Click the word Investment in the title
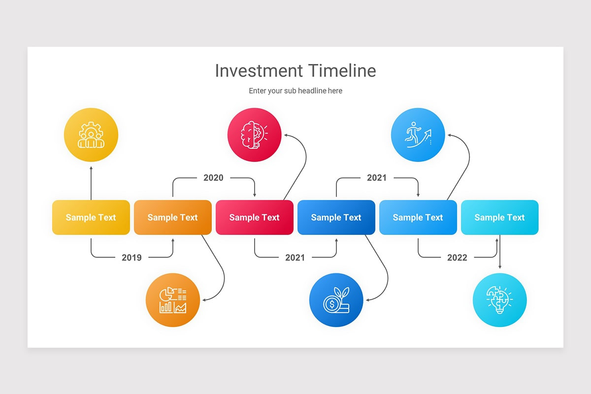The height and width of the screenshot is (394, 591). click(259, 71)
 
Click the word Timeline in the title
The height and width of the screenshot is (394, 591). click(342, 71)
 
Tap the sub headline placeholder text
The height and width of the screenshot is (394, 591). click(295, 91)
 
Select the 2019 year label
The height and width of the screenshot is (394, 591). click(131, 257)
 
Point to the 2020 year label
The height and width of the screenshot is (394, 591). click(213, 178)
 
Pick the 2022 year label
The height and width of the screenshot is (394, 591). click(457, 257)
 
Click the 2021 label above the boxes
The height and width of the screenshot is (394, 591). click(377, 178)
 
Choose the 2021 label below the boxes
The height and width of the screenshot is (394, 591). click(295, 257)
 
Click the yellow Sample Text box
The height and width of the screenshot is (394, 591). click(91, 218)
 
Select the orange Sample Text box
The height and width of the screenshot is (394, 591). click(173, 218)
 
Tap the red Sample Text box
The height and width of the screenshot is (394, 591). click(255, 218)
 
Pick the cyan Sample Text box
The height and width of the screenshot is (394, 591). click(500, 218)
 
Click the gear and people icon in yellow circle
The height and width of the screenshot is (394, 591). click(91, 135)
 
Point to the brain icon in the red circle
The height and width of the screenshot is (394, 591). click(254, 135)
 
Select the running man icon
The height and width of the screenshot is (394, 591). click(418, 135)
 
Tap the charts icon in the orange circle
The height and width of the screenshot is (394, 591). click(173, 300)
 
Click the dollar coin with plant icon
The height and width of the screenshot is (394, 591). click(336, 300)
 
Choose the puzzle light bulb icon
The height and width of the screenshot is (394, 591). click(500, 300)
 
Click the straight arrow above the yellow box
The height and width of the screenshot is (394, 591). click(91, 183)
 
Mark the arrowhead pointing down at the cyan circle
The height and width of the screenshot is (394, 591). click(500, 267)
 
